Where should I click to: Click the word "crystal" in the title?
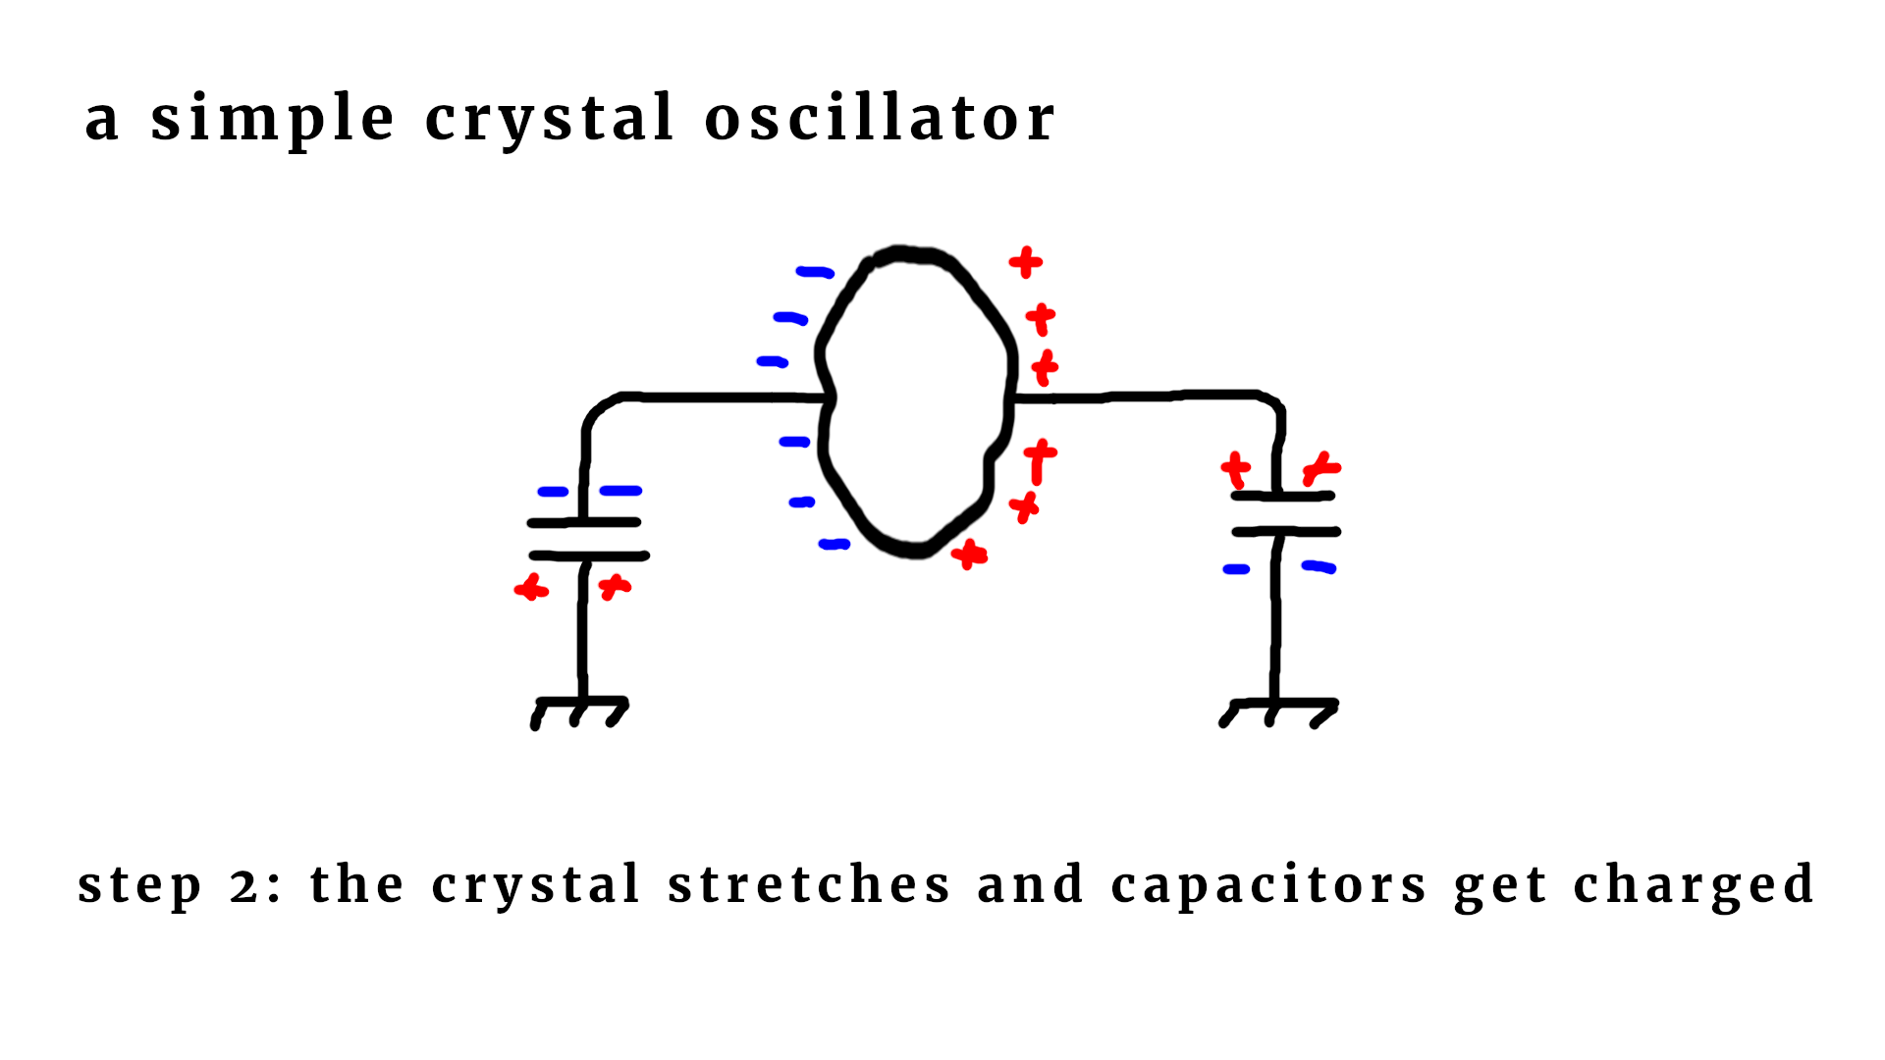pyautogui.click(x=549, y=119)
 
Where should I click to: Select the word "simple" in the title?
pyautogui.click(x=273, y=119)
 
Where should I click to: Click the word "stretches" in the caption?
pyautogui.click(x=809, y=884)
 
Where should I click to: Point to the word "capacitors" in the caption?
pyautogui.click(x=1268, y=884)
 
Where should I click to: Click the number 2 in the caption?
pyautogui.click(x=245, y=886)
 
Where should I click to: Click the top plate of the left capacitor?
pyautogui.click(x=584, y=522)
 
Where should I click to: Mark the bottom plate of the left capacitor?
pyautogui.click(x=589, y=556)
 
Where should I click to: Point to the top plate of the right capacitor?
pyautogui.click(x=1282, y=497)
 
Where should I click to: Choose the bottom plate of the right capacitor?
pyautogui.click(x=1286, y=532)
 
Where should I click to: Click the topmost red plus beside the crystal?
pyautogui.click(x=1025, y=262)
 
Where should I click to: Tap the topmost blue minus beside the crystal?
pyautogui.click(x=815, y=272)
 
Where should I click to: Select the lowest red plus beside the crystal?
pyautogui.click(x=969, y=555)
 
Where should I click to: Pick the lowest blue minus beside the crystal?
pyautogui.click(x=834, y=544)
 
